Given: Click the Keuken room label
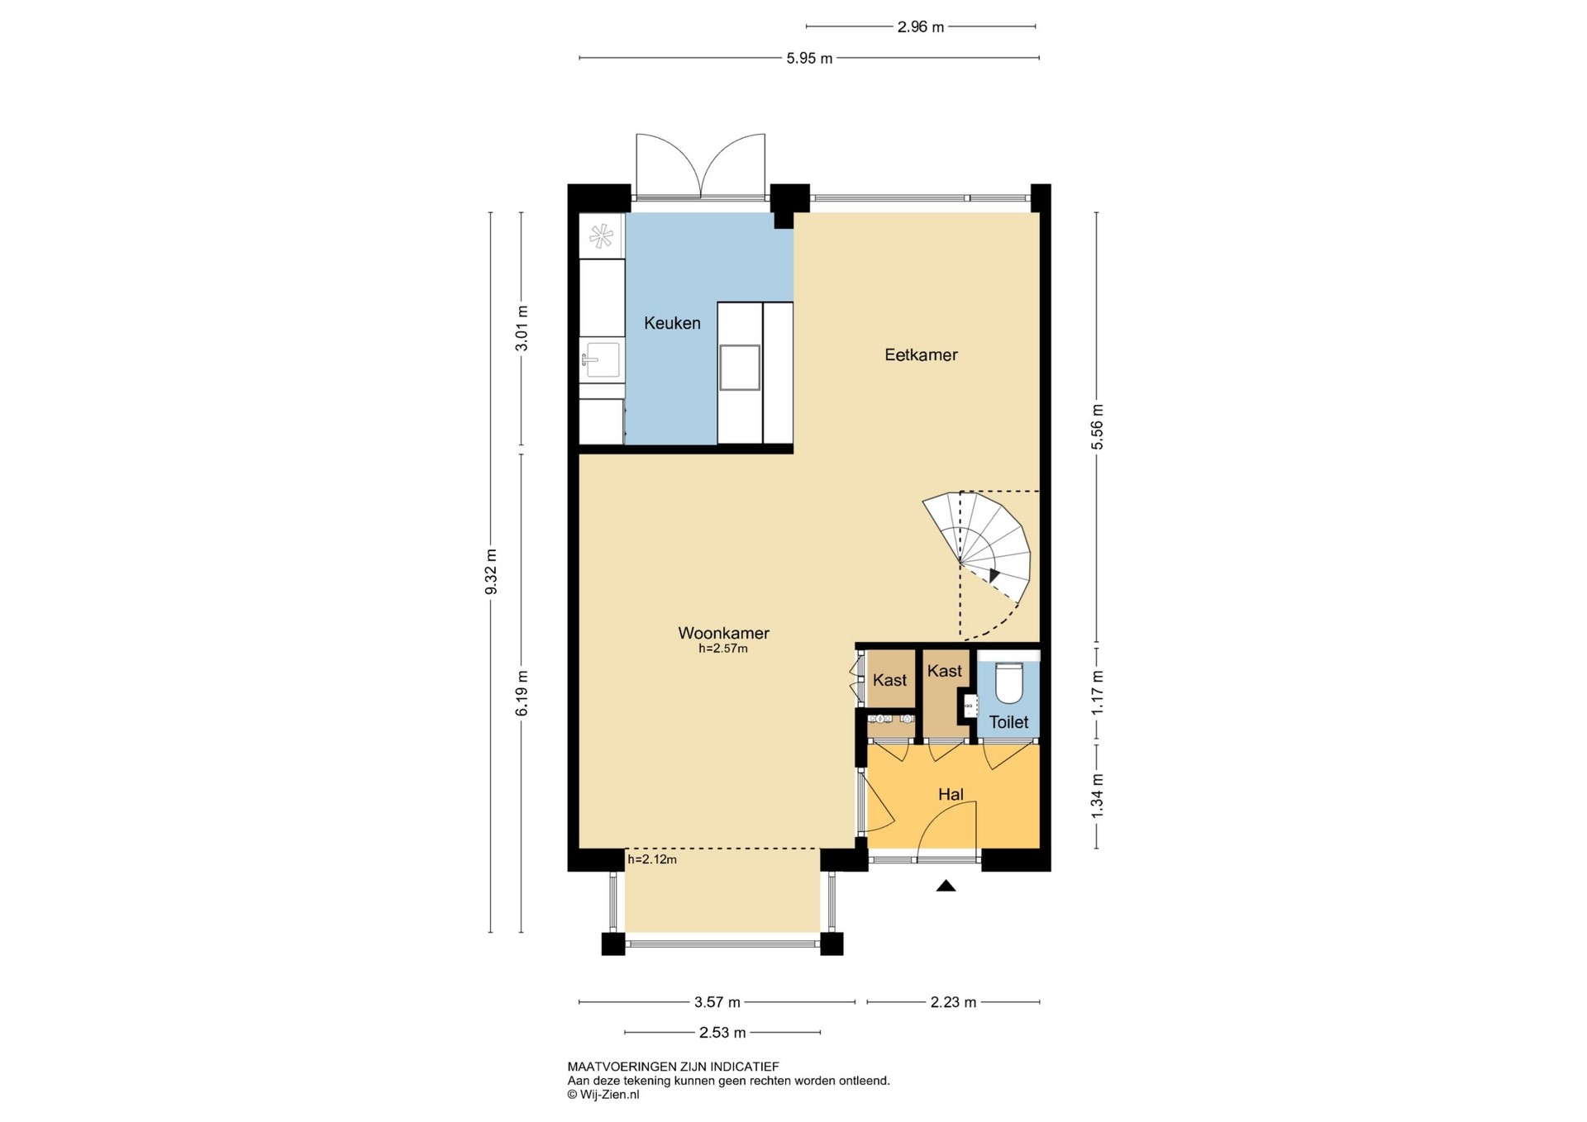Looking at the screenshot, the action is [x=672, y=323].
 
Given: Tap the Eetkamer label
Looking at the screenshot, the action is [x=921, y=354].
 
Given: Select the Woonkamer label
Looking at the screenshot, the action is [x=723, y=633].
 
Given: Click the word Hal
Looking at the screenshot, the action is [x=951, y=794].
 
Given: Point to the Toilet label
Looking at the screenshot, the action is [x=1008, y=722].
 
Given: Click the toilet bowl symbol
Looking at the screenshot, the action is [x=1009, y=682].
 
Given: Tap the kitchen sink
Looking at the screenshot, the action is [x=601, y=360].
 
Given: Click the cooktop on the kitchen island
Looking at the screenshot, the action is [x=740, y=367].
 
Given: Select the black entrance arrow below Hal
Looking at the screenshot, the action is [x=946, y=886].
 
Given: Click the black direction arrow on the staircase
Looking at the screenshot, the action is [x=994, y=576].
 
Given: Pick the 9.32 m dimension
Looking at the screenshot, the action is [x=491, y=572].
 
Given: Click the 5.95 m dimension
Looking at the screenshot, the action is [x=809, y=58].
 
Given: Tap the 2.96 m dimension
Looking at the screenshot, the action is [x=921, y=26].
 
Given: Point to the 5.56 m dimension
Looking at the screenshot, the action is [x=1098, y=427].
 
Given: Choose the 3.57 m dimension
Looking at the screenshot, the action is [x=717, y=1002].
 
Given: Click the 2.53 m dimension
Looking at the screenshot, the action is [x=722, y=1032].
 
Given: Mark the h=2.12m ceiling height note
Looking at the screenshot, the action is [x=652, y=859].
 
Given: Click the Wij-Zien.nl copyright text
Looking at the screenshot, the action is [x=603, y=1094].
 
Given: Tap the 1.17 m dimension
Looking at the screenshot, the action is [x=1098, y=692].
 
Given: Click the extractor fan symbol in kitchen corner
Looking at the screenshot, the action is [x=601, y=237].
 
